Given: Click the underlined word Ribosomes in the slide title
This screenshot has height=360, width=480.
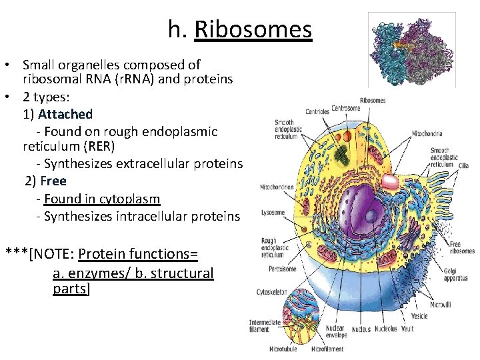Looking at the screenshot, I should coord(253,30).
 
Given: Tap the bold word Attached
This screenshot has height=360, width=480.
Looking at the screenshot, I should coord(65,114).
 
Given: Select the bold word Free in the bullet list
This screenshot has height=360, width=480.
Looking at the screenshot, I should coord(53,181).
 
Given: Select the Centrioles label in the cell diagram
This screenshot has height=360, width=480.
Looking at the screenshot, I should coord(317,111).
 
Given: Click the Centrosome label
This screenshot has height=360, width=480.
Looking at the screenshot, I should coord(346,108).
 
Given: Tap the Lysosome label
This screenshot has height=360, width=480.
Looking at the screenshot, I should coord(273,213).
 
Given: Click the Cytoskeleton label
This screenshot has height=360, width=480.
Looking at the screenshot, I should coord(273,292).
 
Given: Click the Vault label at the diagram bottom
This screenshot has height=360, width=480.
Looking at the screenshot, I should coord(407,329).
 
